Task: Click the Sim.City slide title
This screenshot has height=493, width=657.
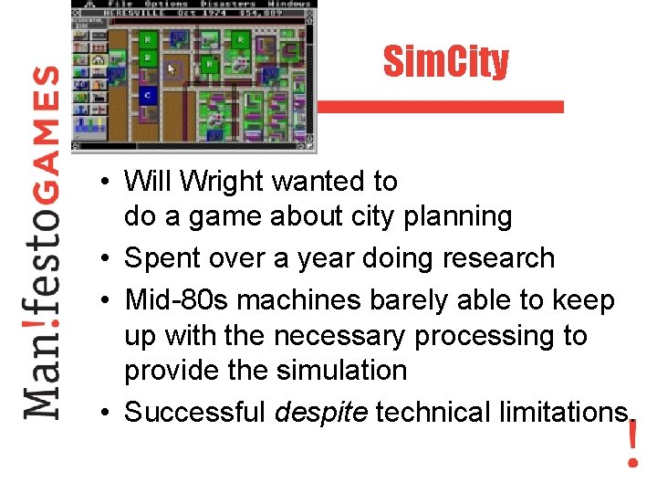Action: coord(445,62)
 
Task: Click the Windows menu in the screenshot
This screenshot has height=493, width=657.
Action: coord(290,5)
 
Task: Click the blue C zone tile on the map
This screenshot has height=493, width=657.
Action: coord(147,95)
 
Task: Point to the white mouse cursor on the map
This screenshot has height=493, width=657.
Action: coord(172,68)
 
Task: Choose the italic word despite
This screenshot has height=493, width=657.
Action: coord(320,413)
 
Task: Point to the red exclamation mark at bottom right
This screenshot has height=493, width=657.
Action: coord(632,444)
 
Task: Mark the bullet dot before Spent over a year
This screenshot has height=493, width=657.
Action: coord(107,259)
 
